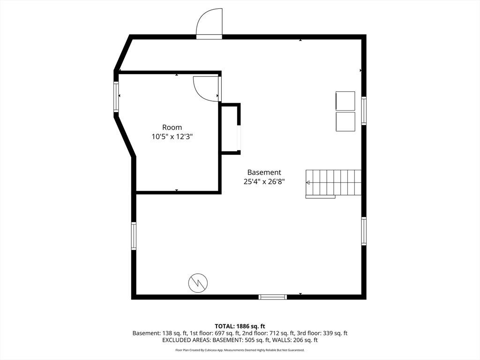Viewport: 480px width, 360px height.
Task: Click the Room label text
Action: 172,127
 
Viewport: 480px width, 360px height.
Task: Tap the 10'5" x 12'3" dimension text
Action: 172,136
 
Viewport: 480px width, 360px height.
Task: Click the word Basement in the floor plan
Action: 264,172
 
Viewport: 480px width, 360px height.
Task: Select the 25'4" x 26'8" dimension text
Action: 264,181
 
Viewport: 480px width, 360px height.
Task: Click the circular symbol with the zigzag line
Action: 198,283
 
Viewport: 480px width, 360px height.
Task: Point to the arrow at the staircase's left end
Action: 308,182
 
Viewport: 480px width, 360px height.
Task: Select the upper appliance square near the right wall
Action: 345,101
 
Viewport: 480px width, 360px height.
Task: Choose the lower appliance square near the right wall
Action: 345,121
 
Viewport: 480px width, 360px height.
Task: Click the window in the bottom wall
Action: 273,297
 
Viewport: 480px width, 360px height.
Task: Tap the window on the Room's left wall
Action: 116,97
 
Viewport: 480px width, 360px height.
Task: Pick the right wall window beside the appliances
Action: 364,111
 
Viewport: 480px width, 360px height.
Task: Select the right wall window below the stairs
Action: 364,231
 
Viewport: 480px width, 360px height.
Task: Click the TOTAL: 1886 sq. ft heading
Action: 240,326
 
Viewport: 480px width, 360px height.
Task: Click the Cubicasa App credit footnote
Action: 240,350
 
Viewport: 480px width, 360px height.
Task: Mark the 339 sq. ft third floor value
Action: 335,333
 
